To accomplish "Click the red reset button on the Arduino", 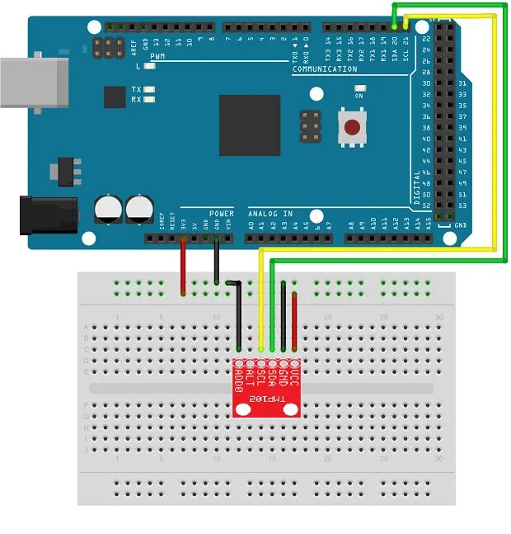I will click(x=352, y=128).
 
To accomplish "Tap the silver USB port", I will click(x=34, y=83).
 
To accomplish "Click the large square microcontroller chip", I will click(x=250, y=125).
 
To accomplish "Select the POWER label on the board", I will click(x=221, y=213).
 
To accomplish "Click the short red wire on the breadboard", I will click(x=294, y=322).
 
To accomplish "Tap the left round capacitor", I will click(x=108, y=207).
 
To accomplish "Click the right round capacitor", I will click(x=138, y=207).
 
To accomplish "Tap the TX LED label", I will click(x=137, y=89).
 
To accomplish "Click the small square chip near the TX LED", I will click(x=115, y=97).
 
